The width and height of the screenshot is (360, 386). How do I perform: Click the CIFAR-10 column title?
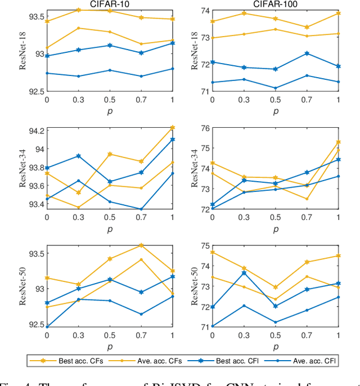pyautogui.click(x=110, y=4)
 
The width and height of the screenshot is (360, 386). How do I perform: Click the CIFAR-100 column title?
pyautogui.click(x=275, y=4)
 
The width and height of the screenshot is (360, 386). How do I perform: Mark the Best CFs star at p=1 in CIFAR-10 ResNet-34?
pyautogui.click(x=172, y=128)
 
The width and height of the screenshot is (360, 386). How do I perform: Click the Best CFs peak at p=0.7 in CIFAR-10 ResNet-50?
pyautogui.click(x=141, y=245)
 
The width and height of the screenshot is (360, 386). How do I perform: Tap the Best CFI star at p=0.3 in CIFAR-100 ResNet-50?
pyautogui.click(x=244, y=273)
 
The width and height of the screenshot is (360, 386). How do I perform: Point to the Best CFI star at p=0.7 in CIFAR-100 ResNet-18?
pyautogui.click(x=307, y=53)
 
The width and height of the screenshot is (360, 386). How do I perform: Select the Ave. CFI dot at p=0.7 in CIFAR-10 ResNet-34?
pyautogui.click(x=141, y=209)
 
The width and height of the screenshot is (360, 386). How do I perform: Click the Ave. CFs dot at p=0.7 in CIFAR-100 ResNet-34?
pyautogui.click(x=307, y=199)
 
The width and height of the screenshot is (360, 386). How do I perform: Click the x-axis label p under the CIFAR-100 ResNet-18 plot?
pyautogui.click(x=275, y=111)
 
